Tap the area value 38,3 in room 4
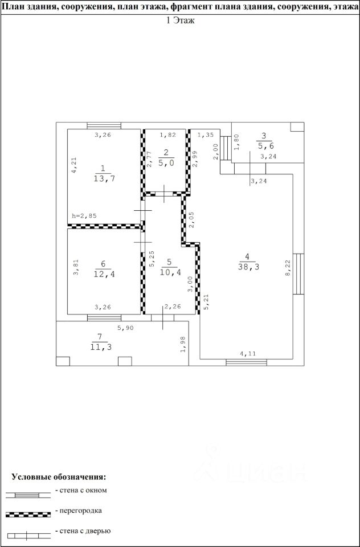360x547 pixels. tap(247, 267)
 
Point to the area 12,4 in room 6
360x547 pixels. tap(104, 274)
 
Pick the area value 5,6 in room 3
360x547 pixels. tap(264, 146)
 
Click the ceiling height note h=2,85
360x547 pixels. tap(84, 216)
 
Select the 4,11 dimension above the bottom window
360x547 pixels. tap(248, 354)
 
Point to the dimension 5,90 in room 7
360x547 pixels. tap(125, 328)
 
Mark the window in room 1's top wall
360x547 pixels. tap(104, 125)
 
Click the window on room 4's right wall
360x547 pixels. tap(298, 274)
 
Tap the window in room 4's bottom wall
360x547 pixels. tap(246, 362)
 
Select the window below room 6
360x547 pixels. tap(104, 317)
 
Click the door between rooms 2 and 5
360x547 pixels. tap(164, 194)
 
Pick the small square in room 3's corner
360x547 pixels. tap(297, 126)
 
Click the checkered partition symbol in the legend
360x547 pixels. tap(28, 515)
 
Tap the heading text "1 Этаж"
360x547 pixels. tap(180, 21)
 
